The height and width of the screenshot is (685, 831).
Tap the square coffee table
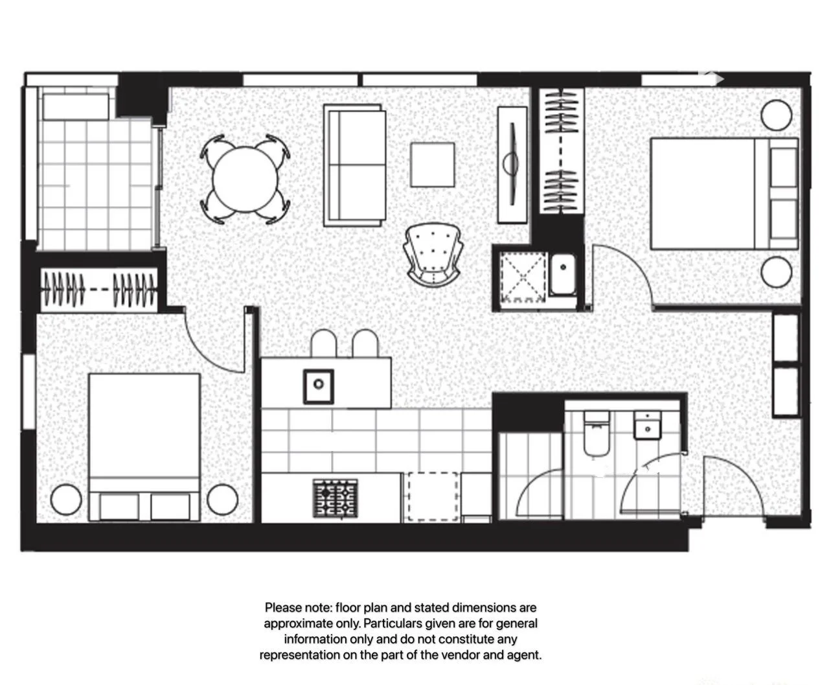432,165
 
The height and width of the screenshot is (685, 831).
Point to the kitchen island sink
319,386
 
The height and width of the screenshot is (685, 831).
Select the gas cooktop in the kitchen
336,498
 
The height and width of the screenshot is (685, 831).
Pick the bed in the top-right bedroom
722,193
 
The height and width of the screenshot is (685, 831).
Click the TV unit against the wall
512,165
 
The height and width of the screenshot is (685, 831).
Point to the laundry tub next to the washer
563,274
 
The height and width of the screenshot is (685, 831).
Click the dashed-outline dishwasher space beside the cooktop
432,496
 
